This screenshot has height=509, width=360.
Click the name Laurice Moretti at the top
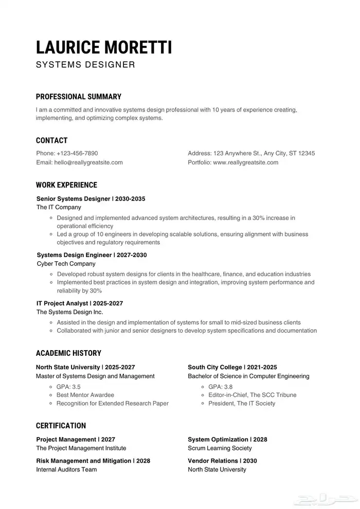(x=104, y=47)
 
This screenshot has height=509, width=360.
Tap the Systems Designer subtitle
(x=85, y=65)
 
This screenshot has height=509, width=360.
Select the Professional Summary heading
(x=79, y=97)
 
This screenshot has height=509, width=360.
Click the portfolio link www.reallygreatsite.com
(x=245, y=162)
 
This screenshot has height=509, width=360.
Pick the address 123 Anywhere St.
(x=237, y=153)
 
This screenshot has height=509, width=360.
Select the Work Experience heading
(x=66, y=185)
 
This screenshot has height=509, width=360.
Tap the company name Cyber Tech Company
(x=66, y=264)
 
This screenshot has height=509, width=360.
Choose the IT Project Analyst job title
(x=62, y=303)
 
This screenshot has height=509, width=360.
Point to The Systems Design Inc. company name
(x=69, y=312)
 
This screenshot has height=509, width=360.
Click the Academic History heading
(x=68, y=353)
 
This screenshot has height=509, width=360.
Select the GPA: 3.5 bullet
(x=68, y=387)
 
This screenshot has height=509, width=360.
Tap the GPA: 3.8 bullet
(x=220, y=387)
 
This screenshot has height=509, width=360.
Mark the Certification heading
(x=61, y=426)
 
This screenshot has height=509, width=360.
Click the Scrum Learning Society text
(x=220, y=448)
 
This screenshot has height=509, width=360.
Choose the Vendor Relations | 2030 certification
(x=222, y=461)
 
